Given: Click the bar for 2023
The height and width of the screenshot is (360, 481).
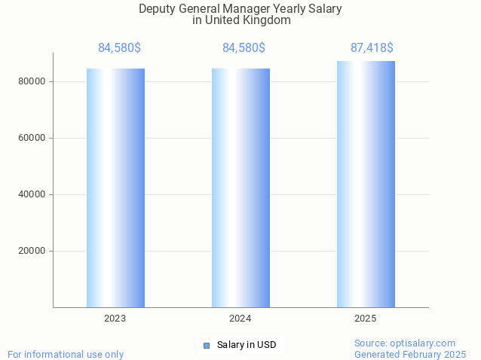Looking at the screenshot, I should (x=115, y=188).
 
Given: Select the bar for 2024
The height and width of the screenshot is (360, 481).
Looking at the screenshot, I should (x=240, y=188).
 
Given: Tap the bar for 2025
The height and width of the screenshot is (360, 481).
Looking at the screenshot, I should (x=366, y=184).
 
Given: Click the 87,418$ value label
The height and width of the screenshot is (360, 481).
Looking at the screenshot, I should (x=372, y=48).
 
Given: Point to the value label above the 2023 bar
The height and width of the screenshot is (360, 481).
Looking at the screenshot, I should (x=119, y=48).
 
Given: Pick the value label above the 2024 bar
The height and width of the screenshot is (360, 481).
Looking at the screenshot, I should (x=244, y=48).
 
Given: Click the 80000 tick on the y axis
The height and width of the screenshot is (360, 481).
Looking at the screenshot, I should (x=32, y=81).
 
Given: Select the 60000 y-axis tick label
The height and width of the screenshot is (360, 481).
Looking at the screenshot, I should (x=32, y=138).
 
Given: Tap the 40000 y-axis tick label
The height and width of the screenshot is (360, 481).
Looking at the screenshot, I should (x=32, y=194).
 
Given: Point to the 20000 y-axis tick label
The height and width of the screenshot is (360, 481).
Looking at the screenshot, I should (x=32, y=251).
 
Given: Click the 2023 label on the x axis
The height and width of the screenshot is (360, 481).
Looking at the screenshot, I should (x=115, y=319).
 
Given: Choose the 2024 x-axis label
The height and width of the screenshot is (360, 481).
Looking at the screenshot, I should (x=240, y=319).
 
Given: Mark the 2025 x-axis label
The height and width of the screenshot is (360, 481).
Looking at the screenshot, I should (x=366, y=319).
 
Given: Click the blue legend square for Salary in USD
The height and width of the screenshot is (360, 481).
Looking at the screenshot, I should (x=206, y=346).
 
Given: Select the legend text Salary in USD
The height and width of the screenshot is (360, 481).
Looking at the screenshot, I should (x=247, y=346).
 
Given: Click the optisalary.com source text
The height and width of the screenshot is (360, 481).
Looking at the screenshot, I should (x=405, y=343).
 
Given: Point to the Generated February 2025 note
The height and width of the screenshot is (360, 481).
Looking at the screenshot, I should (x=410, y=354).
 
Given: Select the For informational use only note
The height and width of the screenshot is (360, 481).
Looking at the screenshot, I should (x=66, y=354).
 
